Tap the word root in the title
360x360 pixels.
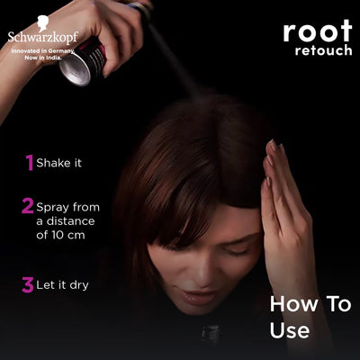(317, 31)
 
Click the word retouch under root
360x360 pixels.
(323, 49)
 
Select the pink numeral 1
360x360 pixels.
(29, 163)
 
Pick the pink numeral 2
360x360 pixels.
(27, 206)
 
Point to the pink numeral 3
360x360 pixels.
(27, 285)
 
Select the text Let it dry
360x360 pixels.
(63, 285)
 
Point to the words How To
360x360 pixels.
(310, 304)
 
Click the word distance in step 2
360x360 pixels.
(81, 220)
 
